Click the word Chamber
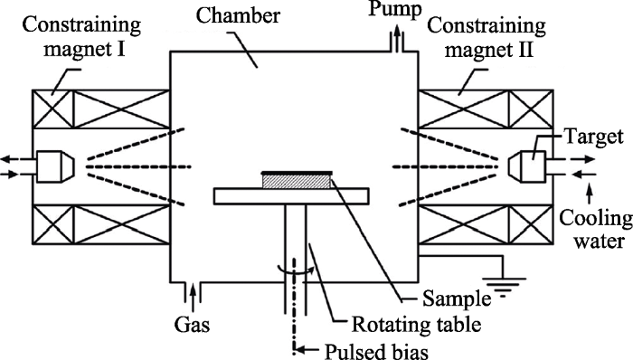pos(238,15)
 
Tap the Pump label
pos(395,9)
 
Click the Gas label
pos(192,324)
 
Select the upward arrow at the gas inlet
pos(193,292)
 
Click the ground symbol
pos(504,287)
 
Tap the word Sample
pos(457,299)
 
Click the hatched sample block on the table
pos(297,181)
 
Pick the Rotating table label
pos(416,324)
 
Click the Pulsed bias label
pos(376,351)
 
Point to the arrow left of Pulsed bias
pos(309,350)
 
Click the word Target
pos(594,137)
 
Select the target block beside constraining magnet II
pos(527,166)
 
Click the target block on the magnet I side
pos(55,166)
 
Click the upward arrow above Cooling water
pos(590,194)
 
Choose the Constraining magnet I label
pos(81,37)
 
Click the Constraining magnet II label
pos(487,38)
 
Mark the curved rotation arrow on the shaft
pos(296,270)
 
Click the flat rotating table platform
pos(291,196)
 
